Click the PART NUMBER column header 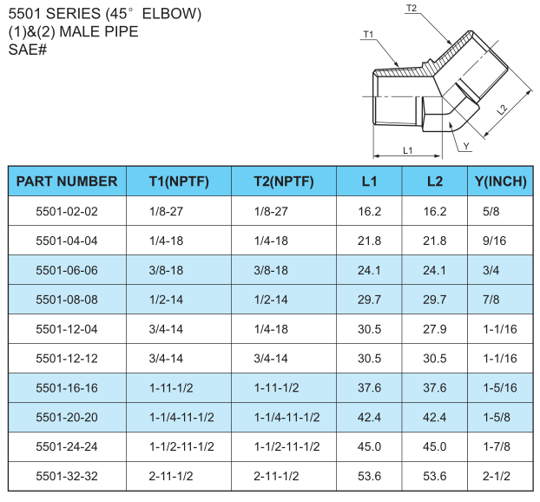point(67,182)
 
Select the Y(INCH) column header point(500,182)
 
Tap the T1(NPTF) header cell point(179,182)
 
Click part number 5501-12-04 point(67,329)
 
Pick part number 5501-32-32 point(67,476)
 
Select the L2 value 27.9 point(435,329)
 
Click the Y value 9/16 point(494,241)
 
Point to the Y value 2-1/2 point(497,476)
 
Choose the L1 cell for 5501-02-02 point(369,211)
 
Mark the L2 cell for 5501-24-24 point(435,446)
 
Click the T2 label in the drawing point(412,9)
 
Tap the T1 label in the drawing point(368,35)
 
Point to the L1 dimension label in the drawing point(407,150)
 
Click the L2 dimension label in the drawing point(503,109)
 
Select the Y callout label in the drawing point(466,146)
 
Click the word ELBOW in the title point(172,14)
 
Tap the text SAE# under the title point(28,50)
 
